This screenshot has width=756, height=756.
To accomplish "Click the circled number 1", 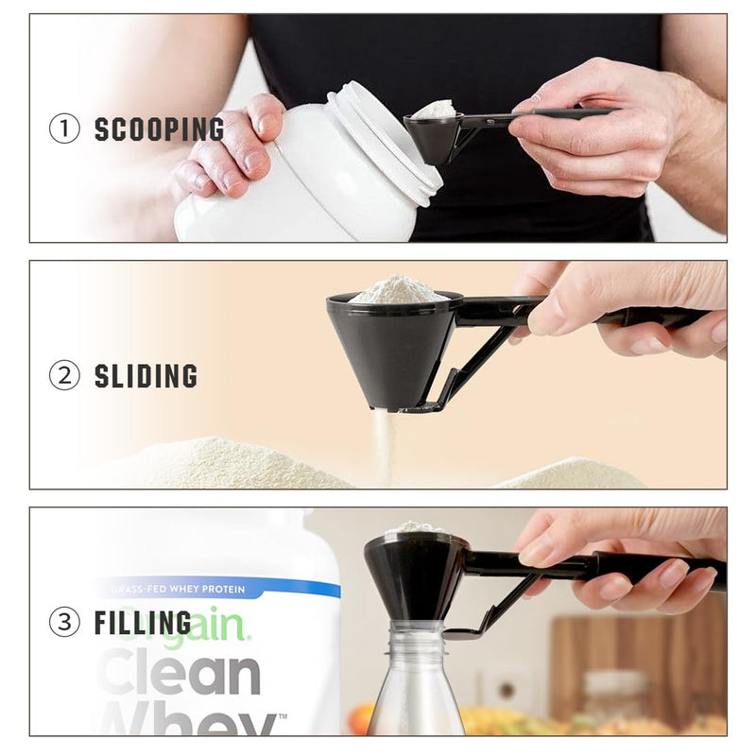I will [x=64, y=129].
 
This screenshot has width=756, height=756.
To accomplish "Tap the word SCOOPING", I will [x=159, y=129].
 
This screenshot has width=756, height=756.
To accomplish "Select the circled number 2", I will [x=64, y=375].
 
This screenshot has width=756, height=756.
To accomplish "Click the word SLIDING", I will [x=146, y=376].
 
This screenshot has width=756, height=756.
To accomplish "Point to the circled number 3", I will [x=64, y=622].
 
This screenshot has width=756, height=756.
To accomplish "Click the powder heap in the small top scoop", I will [x=435, y=110].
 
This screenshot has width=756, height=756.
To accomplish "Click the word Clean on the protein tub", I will [x=180, y=673].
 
